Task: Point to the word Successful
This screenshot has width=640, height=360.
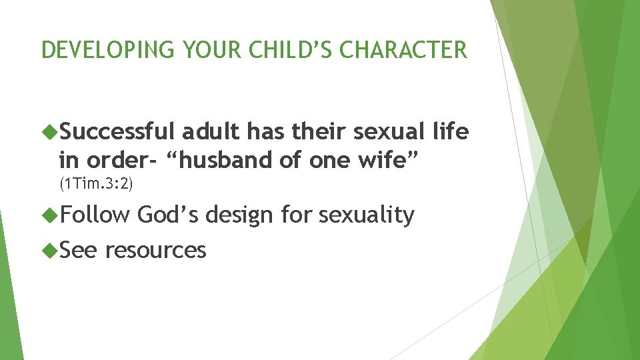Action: [x=117, y=133]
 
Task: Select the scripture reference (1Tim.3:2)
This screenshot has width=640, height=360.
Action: [x=96, y=183]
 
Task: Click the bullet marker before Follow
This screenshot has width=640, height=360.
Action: [x=51, y=215]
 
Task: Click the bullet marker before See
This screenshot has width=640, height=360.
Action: [x=51, y=251]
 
